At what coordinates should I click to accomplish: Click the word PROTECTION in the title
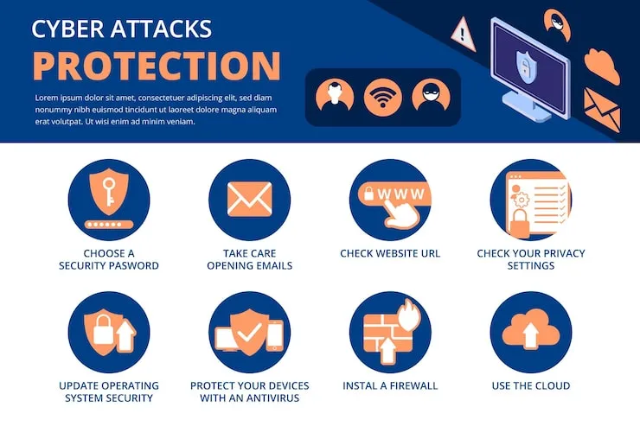157,66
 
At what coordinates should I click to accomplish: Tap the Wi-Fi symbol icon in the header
382,96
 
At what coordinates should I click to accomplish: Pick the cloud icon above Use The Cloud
531,329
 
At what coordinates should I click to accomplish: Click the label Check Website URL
390,253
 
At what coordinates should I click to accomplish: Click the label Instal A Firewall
390,385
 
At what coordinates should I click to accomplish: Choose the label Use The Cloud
530,385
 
